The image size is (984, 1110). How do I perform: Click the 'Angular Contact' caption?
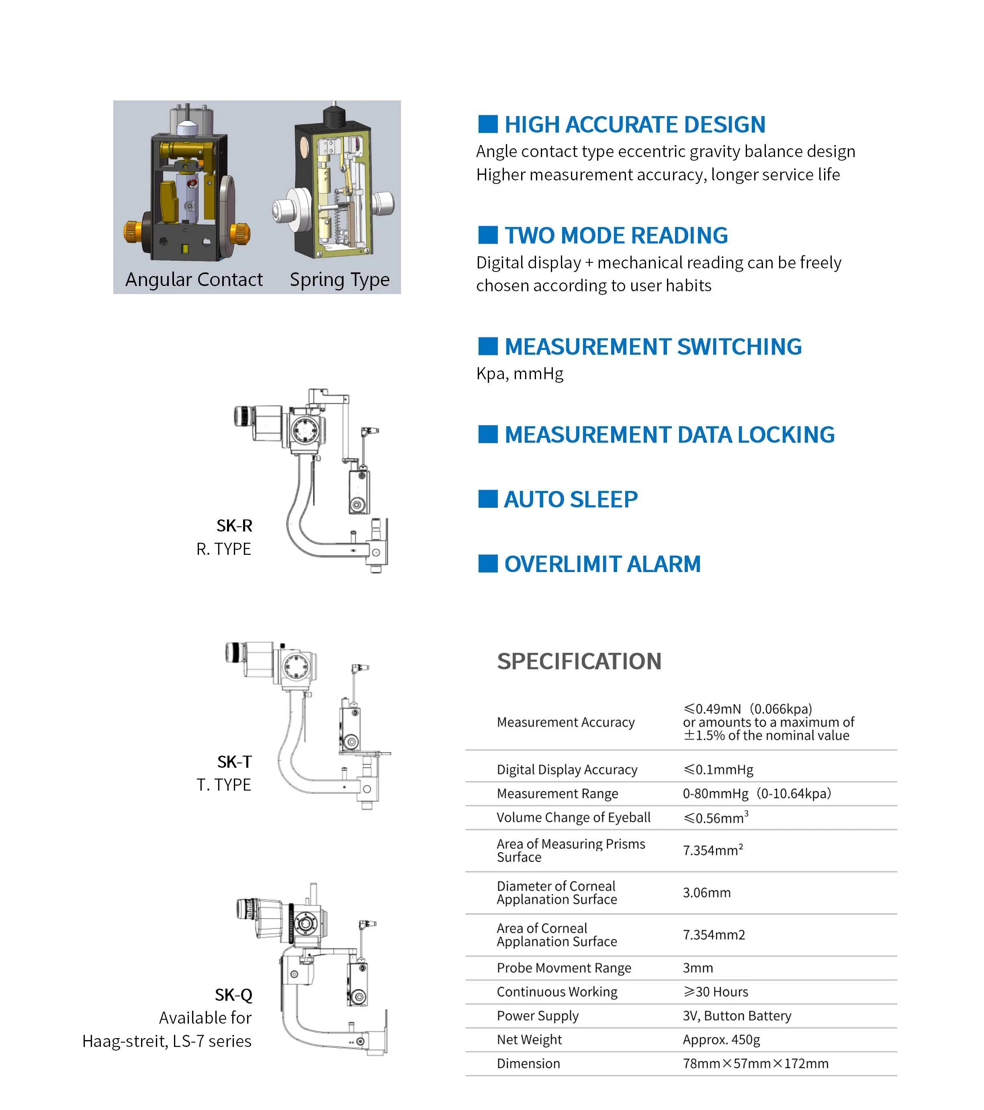pos(194,279)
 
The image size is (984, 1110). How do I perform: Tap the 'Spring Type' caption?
pos(340,279)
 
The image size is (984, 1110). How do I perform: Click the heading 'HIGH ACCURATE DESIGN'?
pos(634,125)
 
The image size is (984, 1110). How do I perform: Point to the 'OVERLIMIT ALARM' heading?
pos(602,564)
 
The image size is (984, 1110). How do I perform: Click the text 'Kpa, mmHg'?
pos(520,374)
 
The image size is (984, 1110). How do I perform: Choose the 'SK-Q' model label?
pos(233,994)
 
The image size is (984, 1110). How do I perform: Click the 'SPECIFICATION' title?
pos(579,661)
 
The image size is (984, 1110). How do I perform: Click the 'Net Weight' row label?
pos(529,1039)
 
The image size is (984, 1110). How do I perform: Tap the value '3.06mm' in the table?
pos(706,892)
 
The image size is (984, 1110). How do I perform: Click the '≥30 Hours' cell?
pos(715,991)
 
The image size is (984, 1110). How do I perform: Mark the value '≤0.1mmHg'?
pos(718,769)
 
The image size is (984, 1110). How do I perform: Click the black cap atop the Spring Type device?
pos(335,116)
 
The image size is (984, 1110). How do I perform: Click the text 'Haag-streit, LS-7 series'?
pos(167,1040)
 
